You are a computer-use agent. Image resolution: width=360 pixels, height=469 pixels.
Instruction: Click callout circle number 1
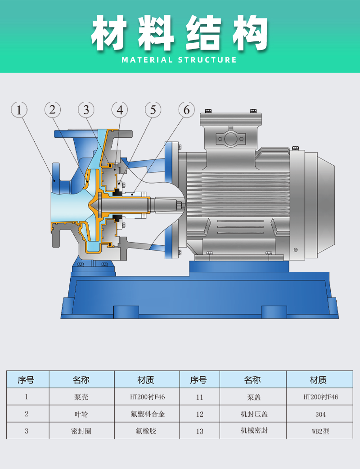coord(19,110)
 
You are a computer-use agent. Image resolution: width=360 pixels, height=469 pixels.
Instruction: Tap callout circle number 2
coord(53,110)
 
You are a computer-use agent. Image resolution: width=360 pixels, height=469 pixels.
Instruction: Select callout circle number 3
coord(86,110)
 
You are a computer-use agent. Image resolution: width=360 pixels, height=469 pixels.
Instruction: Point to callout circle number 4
coord(120,110)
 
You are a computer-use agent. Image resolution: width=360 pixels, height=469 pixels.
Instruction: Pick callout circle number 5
coord(153,110)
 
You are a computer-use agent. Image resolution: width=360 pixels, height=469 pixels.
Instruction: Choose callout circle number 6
coord(187,110)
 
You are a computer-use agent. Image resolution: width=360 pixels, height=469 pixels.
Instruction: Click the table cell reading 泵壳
coord(81,397)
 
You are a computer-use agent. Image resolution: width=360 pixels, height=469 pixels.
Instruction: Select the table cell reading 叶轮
coord(81,414)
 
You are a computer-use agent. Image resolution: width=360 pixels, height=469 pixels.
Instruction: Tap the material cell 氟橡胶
coord(147,431)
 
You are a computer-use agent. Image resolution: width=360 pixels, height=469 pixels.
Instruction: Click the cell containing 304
coord(319,414)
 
